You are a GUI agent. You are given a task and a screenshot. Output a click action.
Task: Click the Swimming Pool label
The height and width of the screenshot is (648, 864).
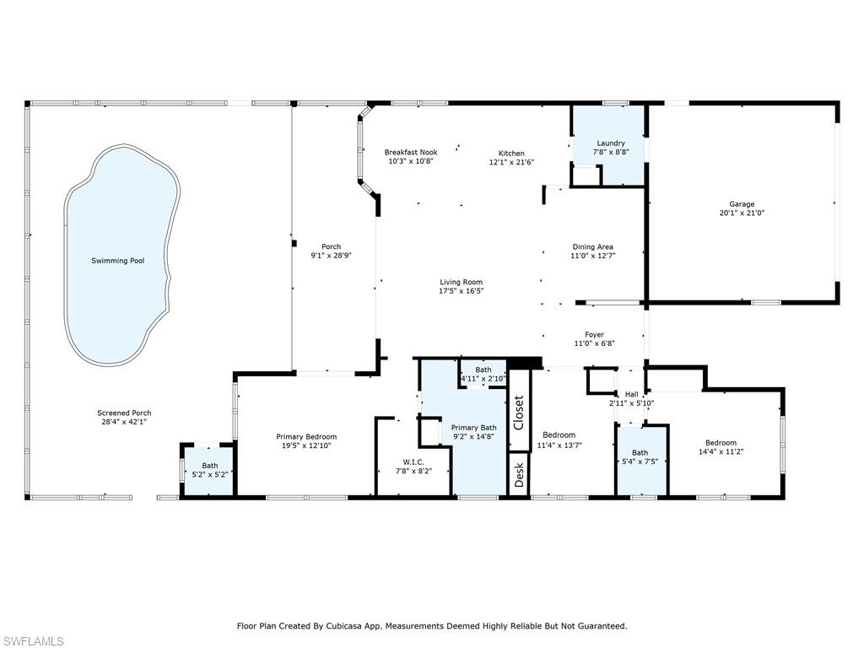(117, 261)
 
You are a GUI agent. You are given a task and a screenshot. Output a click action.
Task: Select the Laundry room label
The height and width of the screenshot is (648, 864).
(610, 143)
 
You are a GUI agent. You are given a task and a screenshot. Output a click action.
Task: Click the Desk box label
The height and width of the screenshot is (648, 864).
(519, 473)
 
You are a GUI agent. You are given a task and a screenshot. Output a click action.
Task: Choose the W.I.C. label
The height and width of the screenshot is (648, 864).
(413, 462)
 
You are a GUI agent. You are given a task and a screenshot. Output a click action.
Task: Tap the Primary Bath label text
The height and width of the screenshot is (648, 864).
(473, 428)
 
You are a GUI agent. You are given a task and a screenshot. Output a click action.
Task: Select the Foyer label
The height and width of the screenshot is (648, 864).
(594, 335)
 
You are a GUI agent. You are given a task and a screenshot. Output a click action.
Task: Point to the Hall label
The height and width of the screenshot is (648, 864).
(631, 394)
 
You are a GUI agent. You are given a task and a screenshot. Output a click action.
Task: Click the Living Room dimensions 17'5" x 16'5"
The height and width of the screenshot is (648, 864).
(461, 291)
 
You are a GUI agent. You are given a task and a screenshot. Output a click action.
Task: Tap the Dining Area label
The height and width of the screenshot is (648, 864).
(593, 246)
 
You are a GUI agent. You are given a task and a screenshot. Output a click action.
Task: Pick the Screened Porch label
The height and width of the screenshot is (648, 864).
(124, 413)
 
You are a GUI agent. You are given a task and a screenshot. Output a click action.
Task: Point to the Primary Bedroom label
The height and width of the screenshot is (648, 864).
(306, 436)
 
